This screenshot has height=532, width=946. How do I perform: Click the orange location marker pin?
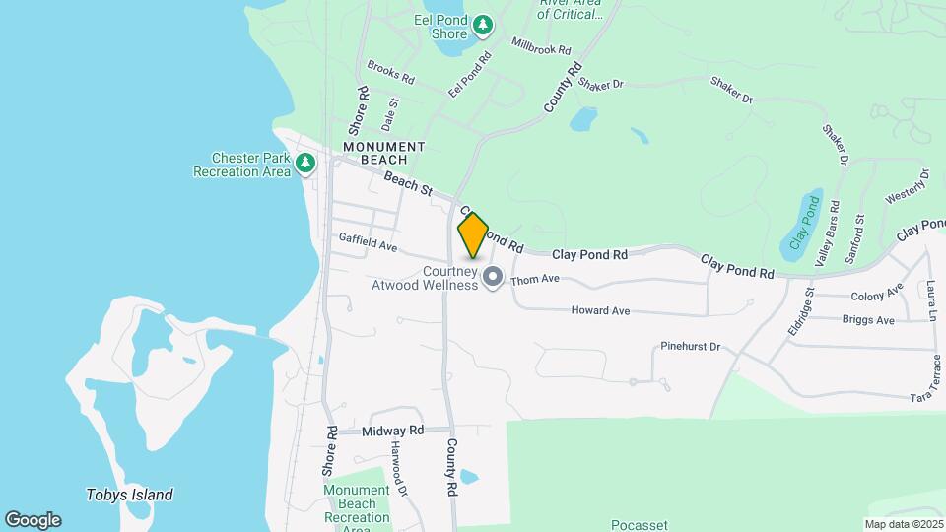[473, 235]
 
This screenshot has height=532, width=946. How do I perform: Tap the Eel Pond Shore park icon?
[483, 24]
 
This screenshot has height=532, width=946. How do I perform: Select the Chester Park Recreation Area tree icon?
[305, 163]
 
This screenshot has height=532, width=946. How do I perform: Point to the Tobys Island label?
[129, 496]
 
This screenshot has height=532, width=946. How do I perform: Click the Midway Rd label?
[392, 432]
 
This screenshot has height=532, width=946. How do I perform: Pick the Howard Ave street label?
[600, 311]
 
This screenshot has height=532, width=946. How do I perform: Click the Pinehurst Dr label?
[691, 347]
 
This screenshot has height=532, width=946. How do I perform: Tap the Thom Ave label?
[535, 279]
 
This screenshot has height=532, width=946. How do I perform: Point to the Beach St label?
[409, 182]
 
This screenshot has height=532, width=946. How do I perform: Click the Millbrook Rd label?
[541, 45]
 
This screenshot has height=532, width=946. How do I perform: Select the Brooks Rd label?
[391, 71]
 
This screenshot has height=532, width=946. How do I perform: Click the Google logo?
[33, 520]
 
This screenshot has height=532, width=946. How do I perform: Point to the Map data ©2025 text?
[903, 524]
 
